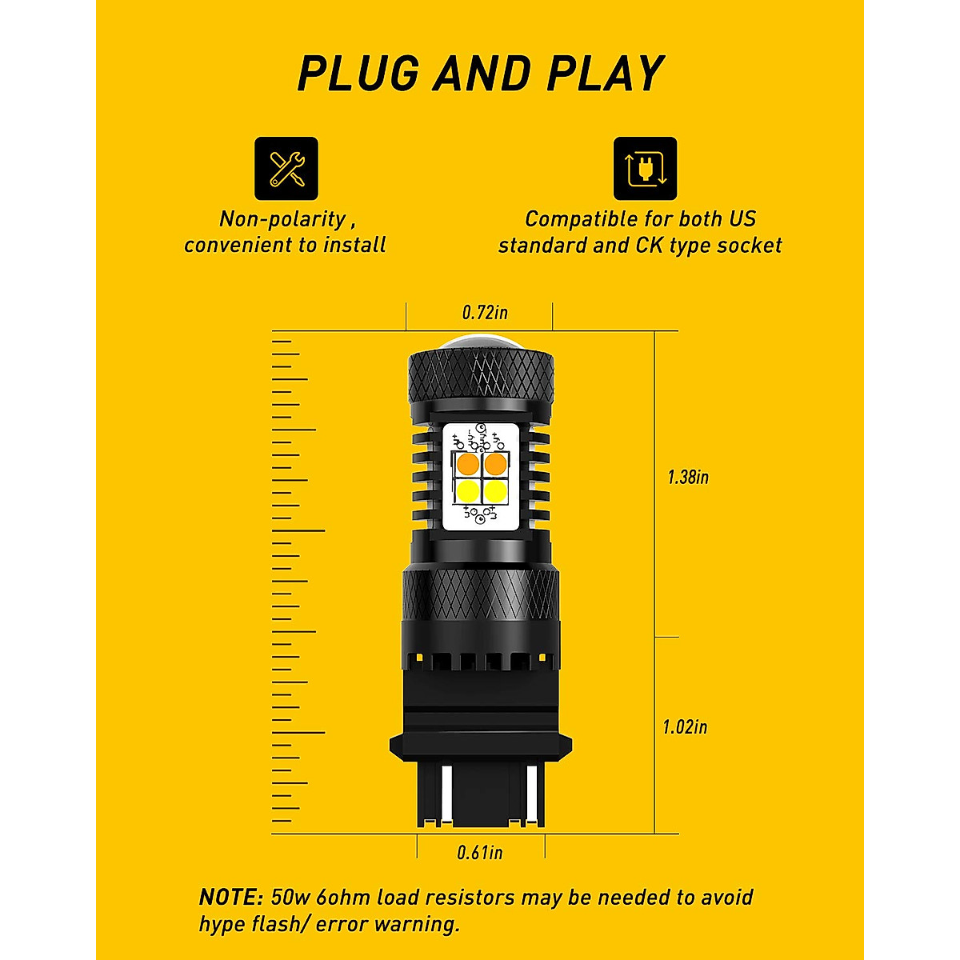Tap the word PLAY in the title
pyautogui.click(x=605, y=74)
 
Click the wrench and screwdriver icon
pyautogui.click(x=286, y=168)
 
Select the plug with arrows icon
pyautogui.click(x=645, y=168)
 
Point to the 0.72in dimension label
pyautogui.click(x=485, y=312)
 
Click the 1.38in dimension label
pyautogui.click(x=688, y=478)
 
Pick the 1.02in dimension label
pyautogui.click(x=685, y=727)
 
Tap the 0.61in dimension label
pyautogui.click(x=480, y=853)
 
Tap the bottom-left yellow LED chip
pyautogui.click(x=469, y=490)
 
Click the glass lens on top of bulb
pyautogui.click(x=480, y=341)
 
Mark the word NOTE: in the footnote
pyautogui.click(x=230, y=897)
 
